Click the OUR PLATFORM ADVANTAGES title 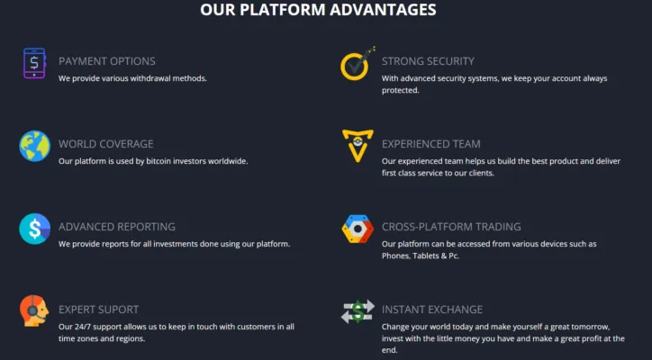318,10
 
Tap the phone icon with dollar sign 34,63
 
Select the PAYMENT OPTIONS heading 107,61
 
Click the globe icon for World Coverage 35,146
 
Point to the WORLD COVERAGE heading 106,144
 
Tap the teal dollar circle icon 35,229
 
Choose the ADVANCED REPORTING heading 117,227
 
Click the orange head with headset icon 34,310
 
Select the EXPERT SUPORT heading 98,310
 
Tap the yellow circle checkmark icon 358,64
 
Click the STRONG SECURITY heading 428,61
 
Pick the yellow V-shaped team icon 358,146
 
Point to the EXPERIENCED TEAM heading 431,144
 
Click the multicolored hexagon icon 358,229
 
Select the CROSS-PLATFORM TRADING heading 451,227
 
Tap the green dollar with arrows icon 358,311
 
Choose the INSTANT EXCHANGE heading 432,310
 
